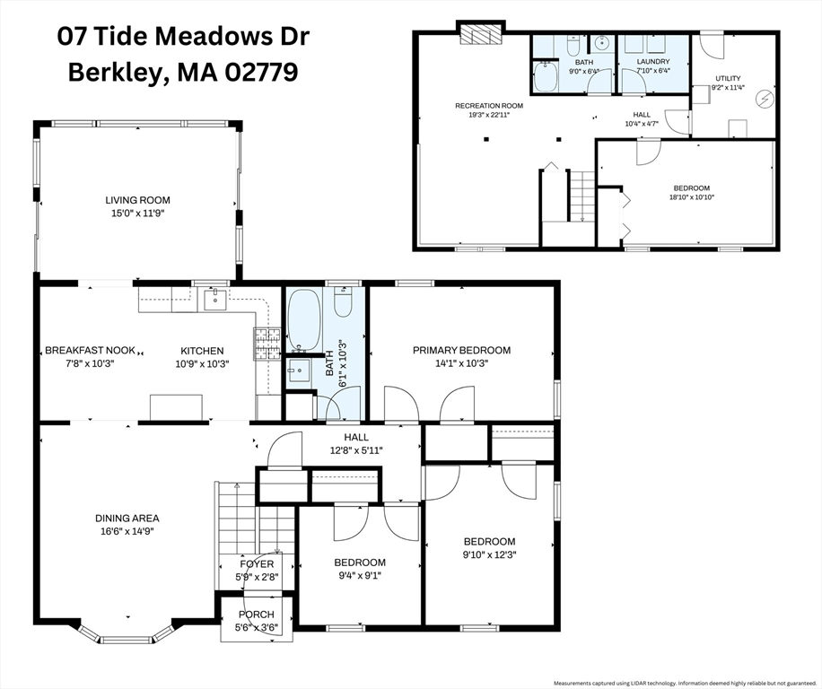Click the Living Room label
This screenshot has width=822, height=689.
click(138, 200)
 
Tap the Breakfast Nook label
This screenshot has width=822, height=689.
click(90, 351)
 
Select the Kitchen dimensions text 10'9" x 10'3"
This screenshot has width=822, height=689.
click(202, 363)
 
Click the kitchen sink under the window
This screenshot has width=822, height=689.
click(215, 300)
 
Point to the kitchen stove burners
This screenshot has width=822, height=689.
click(267, 344)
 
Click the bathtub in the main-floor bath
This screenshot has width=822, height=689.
click(304, 319)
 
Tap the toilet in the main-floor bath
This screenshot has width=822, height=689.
click(343, 302)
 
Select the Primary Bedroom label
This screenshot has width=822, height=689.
click(461, 350)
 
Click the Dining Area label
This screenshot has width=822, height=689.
click(127, 519)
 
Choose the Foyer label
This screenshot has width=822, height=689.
click(257, 563)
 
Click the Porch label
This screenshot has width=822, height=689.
click(257, 614)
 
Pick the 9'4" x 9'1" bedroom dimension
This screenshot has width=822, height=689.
click(360, 576)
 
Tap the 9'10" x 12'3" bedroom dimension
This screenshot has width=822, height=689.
click(490, 554)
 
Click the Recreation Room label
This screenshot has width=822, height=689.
click(489, 106)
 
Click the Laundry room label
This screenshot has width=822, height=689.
click(653, 61)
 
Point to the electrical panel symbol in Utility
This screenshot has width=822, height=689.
click(765, 98)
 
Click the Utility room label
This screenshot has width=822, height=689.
click(728, 79)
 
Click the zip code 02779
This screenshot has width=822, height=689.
click(262, 73)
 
